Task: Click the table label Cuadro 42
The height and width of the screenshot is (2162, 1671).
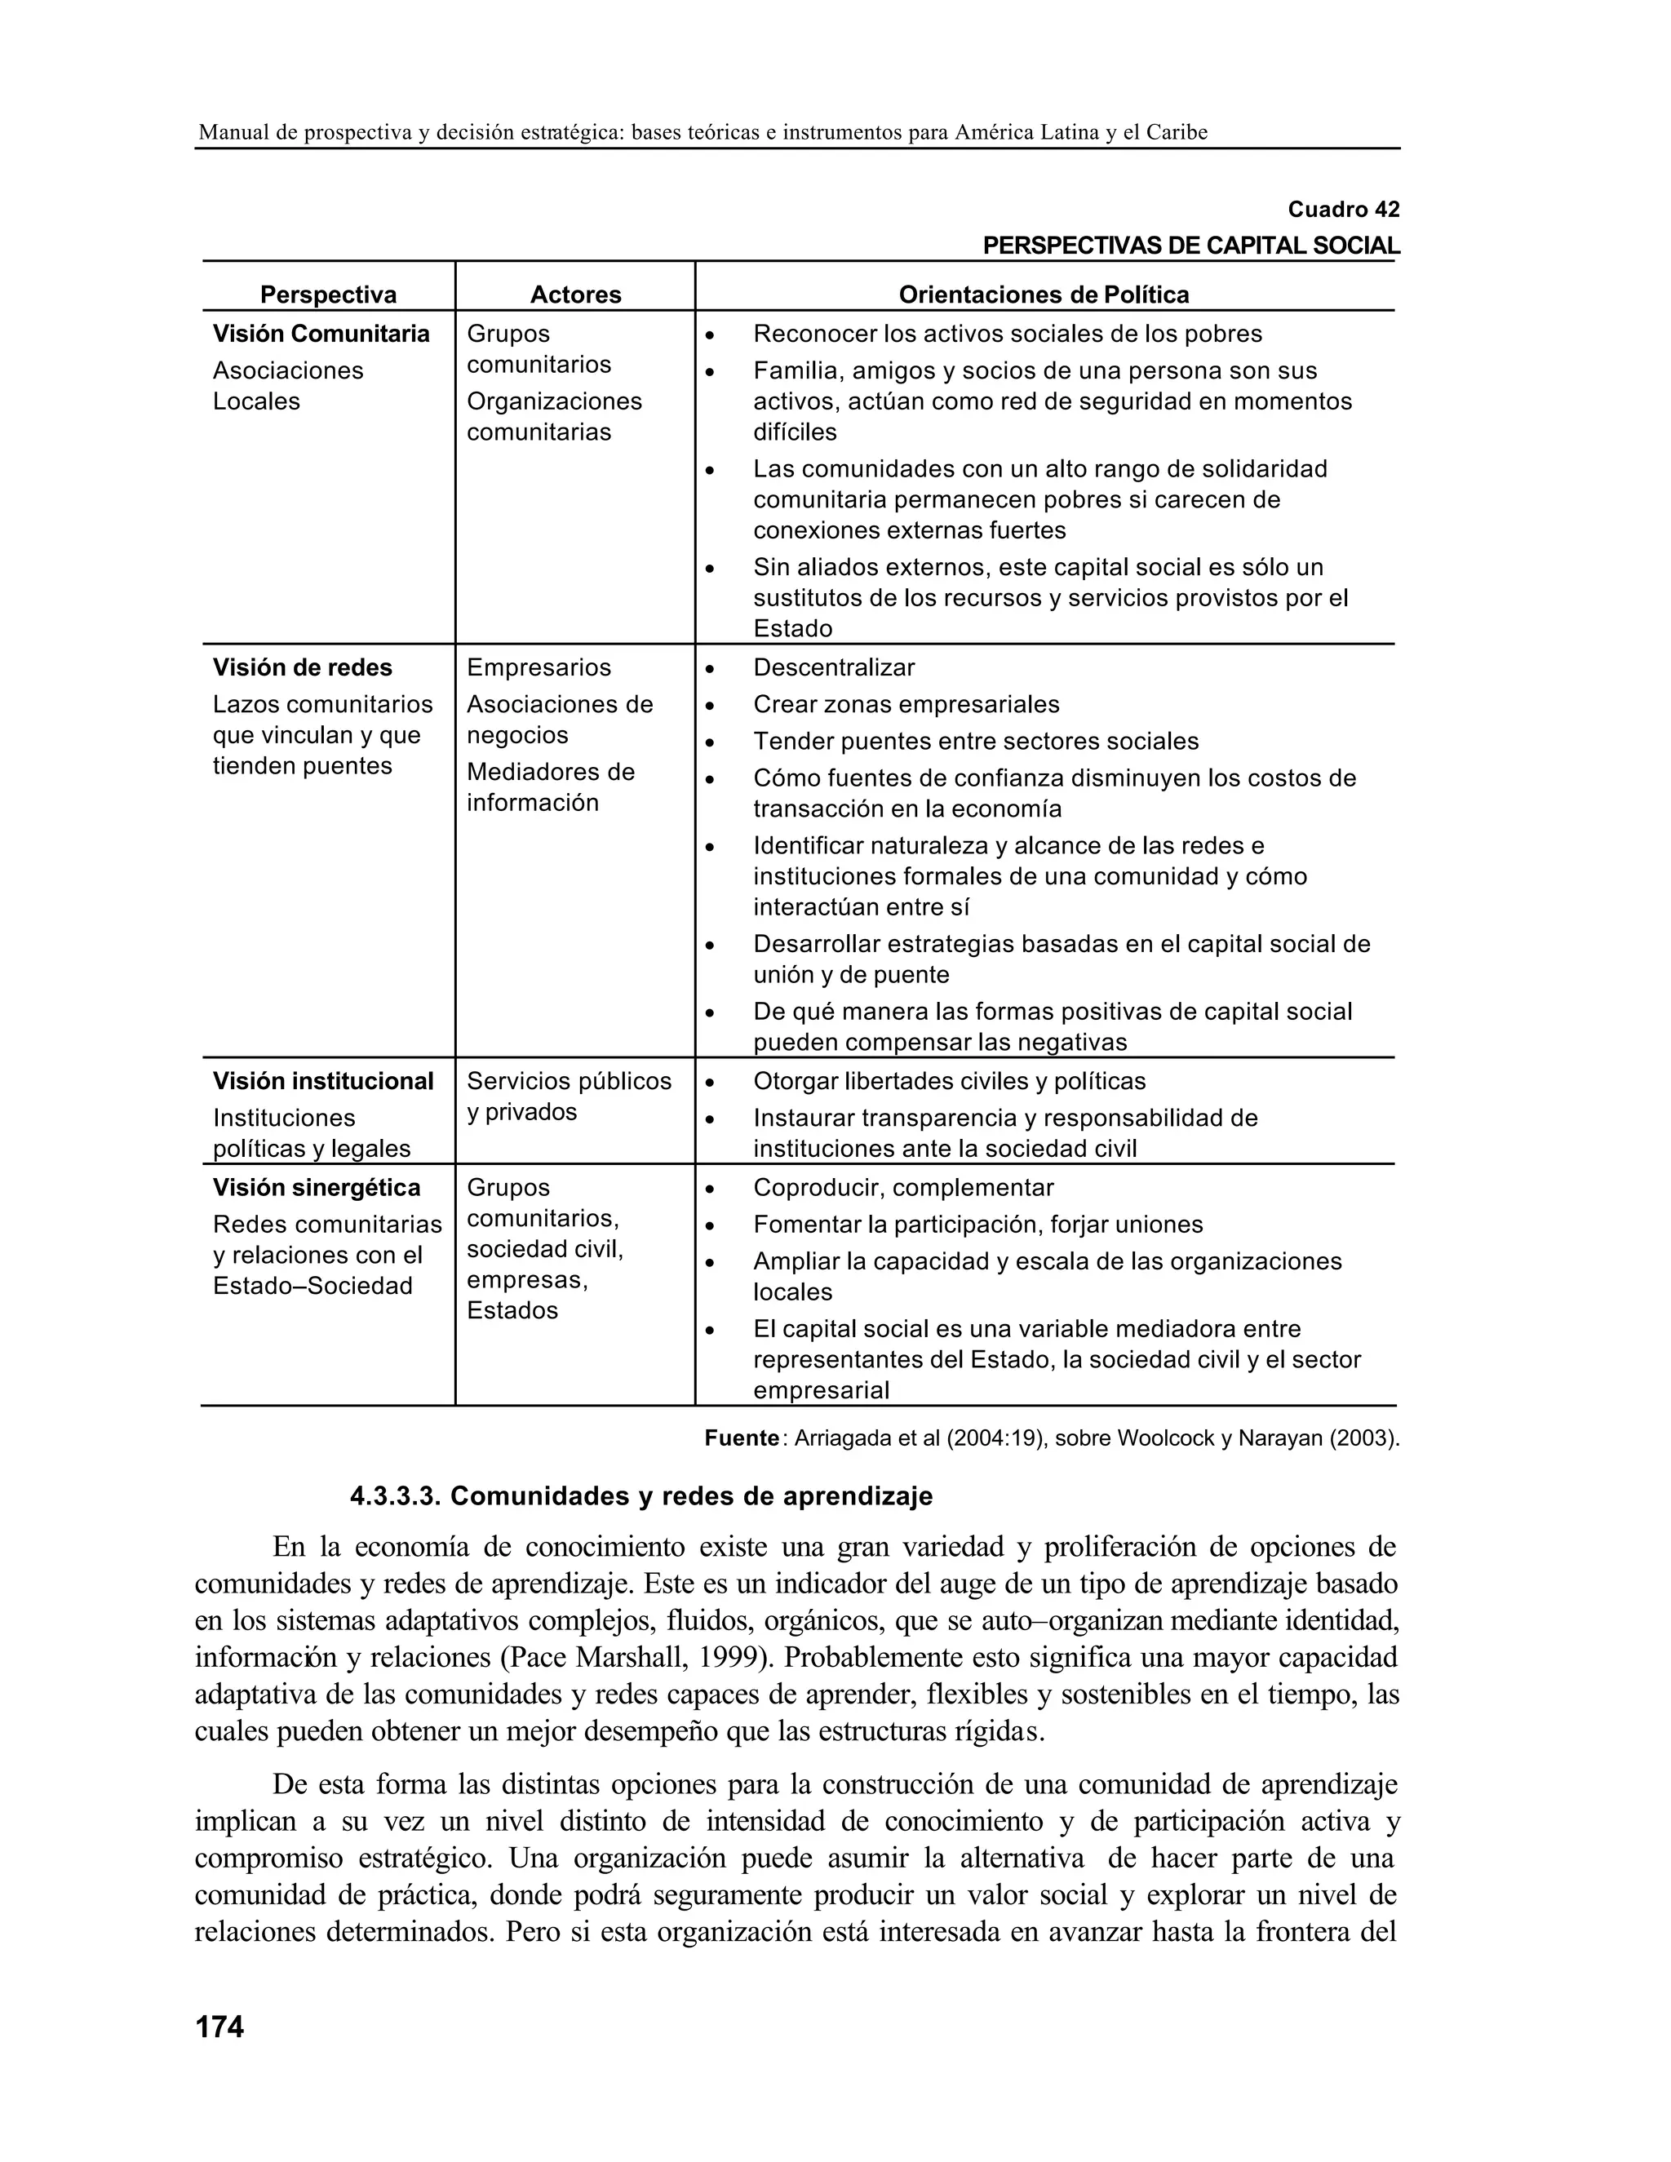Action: tap(1342, 210)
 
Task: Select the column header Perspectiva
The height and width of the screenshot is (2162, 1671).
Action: tap(328, 295)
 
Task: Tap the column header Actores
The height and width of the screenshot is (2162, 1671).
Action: tap(575, 295)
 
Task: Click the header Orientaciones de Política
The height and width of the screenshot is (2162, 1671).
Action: tap(1044, 295)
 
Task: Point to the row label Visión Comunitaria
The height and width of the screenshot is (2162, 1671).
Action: tap(321, 334)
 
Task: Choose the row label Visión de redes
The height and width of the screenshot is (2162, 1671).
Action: tap(302, 667)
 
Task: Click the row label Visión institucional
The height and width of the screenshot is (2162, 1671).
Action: tap(323, 1081)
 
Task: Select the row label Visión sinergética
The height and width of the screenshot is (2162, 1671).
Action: tap(316, 1187)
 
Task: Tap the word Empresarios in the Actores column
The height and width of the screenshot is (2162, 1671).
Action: tap(539, 667)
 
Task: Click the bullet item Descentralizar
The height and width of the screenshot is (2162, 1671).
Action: tap(834, 667)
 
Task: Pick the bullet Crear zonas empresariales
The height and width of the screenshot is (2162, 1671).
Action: tap(906, 704)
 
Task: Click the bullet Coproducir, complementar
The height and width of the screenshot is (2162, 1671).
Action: tap(903, 1187)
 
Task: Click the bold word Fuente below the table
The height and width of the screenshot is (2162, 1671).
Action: tap(742, 1438)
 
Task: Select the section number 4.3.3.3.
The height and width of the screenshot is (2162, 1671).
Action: tap(395, 1495)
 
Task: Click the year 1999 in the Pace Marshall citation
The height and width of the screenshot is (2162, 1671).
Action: tap(723, 1657)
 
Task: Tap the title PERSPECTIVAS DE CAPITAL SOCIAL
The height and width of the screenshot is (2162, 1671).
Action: tap(1191, 246)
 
